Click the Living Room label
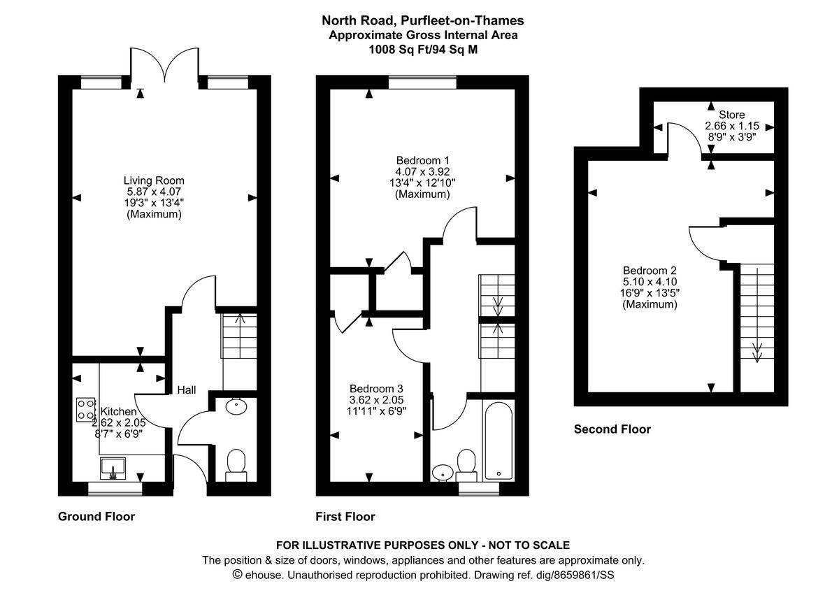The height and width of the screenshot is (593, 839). (x=154, y=180)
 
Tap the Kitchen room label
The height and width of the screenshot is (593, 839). (x=118, y=412)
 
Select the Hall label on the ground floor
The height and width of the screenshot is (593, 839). (x=186, y=390)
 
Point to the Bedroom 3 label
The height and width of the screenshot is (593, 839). (x=376, y=389)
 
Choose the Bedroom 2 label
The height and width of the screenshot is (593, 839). (x=650, y=271)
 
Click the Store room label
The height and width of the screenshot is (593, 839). (x=731, y=115)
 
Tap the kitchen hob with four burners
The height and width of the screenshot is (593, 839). (x=86, y=408)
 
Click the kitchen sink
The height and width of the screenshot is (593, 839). (x=113, y=467)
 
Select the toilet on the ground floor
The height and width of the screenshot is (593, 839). (x=236, y=464)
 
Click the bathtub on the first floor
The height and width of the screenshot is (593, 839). (x=499, y=440)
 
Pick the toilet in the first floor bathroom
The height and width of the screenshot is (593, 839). (x=466, y=464)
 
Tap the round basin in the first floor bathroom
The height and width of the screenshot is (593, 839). (x=442, y=472)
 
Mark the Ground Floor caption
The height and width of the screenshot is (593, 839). (x=96, y=517)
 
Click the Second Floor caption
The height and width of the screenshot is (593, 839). (x=612, y=429)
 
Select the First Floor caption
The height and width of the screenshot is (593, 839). (x=345, y=517)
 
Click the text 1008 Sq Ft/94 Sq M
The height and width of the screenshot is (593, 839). (x=423, y=50)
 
